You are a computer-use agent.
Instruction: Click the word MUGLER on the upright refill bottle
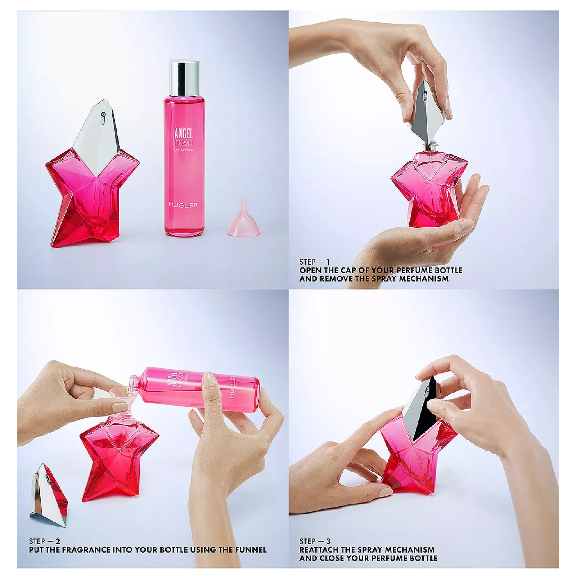tap(183, 205)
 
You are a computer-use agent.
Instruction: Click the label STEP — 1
tap(314, 262)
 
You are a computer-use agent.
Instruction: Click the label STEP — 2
tap(44, 541)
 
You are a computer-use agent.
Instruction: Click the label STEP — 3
tap(315, 541)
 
